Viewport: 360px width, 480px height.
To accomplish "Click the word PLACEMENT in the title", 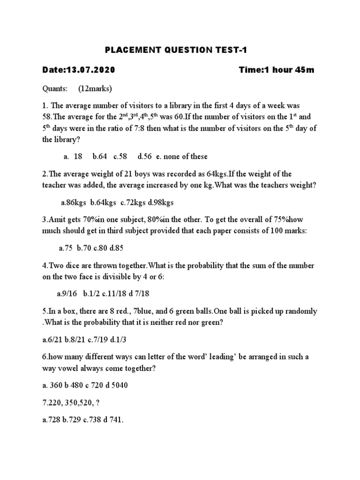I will (x=127, y=51).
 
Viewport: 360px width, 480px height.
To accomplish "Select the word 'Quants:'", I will (x=56, y=89).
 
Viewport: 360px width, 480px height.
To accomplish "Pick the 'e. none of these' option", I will (x=179, y=156).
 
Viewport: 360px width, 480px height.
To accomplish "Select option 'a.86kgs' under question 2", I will (x=74, y=202).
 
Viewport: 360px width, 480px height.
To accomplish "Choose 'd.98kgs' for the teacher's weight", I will (x=161, y=202).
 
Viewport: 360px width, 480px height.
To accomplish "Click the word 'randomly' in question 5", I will (x=301, y=311).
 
